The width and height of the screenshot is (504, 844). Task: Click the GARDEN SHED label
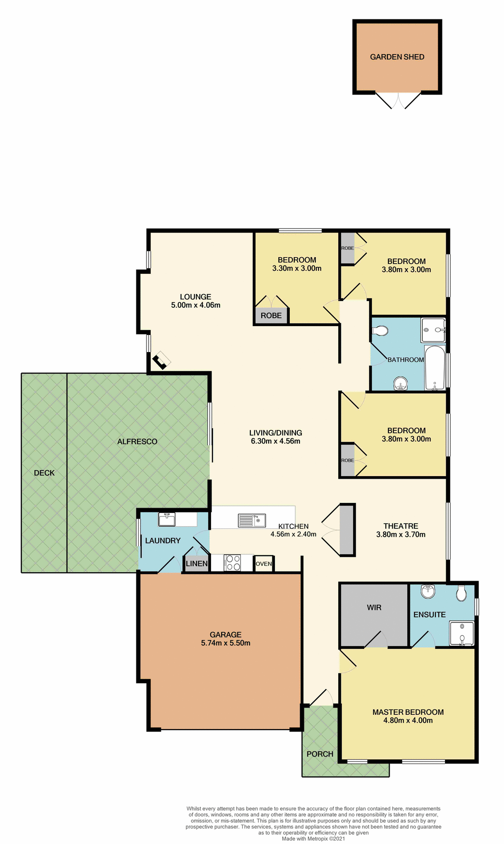click(x=397, y=57)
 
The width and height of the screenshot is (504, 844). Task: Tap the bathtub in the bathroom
click(x=435, y=368)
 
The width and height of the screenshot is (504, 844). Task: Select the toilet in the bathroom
click(x=380, y=331)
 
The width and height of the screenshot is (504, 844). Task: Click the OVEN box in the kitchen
click(x=263, y=564)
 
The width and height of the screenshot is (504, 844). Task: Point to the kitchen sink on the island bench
click(x=252, y=520)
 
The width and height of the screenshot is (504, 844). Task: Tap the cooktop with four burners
click(x=232, y=563)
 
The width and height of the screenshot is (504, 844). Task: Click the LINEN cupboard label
click(x=196, y=564)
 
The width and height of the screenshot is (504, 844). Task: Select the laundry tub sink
click(x=167, y=520)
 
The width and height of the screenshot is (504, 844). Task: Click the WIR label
click(x=374, y=608)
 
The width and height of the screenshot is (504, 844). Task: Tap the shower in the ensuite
click(x=462, y=633)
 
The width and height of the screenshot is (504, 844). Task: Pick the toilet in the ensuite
click(x=461, y=593)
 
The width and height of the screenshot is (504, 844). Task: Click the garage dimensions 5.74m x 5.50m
click(x=226, y=643)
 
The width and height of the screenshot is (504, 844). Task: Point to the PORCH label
click(x=320, y=754)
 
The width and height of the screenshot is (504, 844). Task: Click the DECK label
click(x=44, y=473)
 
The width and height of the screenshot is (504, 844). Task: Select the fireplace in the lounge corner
click(x=161, y=360)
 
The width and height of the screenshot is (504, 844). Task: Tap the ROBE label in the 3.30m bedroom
click(x=271, y=316)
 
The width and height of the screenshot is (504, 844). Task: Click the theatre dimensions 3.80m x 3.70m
click(x=401, y=535)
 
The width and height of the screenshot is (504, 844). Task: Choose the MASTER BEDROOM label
click(x=408, y=712)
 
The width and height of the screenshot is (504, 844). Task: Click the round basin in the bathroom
click(x=400, y=384)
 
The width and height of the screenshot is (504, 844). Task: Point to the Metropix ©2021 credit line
click(x=313, y=839)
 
